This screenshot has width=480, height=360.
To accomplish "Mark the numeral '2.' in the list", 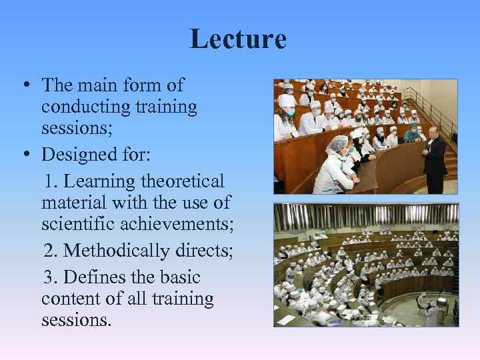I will tap(51, 251).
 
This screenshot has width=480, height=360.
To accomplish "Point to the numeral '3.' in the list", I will tap(51, 277).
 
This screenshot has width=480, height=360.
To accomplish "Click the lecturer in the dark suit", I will tap(434, 160).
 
